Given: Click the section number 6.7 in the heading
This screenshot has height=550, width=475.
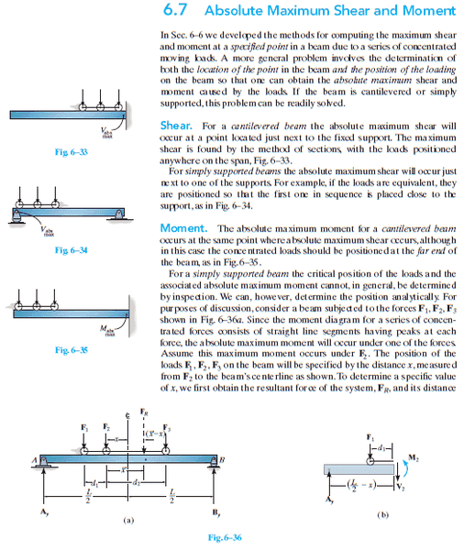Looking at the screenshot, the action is [175, 10].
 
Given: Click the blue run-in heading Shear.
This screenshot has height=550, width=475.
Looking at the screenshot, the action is [176, 126].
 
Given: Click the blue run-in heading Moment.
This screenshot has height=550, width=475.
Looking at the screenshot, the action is [183, 228].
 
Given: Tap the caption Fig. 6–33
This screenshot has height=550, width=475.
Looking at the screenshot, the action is [72, 152].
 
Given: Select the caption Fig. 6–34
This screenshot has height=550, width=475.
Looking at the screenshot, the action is [72, 250].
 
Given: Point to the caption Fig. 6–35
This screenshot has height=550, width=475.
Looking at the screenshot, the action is [72, 350].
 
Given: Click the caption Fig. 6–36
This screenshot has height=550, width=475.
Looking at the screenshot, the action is [225, 537].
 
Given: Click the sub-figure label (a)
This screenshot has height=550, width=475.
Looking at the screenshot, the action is [128, 520].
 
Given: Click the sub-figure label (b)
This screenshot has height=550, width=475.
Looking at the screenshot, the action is [383, 515].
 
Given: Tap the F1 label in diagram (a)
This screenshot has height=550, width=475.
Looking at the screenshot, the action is [84, 427].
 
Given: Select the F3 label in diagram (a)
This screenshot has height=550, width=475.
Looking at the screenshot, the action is [167, 428].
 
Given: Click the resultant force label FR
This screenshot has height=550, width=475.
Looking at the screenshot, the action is [144, 412].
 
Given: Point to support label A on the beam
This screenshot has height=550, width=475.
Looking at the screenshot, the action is [35, 460].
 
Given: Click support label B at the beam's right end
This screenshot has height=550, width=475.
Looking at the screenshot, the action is [222, 460].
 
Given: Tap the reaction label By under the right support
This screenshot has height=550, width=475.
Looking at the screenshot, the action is [215, 512].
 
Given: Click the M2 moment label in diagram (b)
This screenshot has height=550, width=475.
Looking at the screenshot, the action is [414, 457].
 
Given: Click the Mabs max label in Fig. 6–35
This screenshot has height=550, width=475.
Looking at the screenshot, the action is [107, 330].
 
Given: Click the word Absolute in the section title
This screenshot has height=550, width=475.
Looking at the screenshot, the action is [233, 10].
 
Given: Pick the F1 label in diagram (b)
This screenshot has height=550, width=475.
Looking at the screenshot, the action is [370, 437].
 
